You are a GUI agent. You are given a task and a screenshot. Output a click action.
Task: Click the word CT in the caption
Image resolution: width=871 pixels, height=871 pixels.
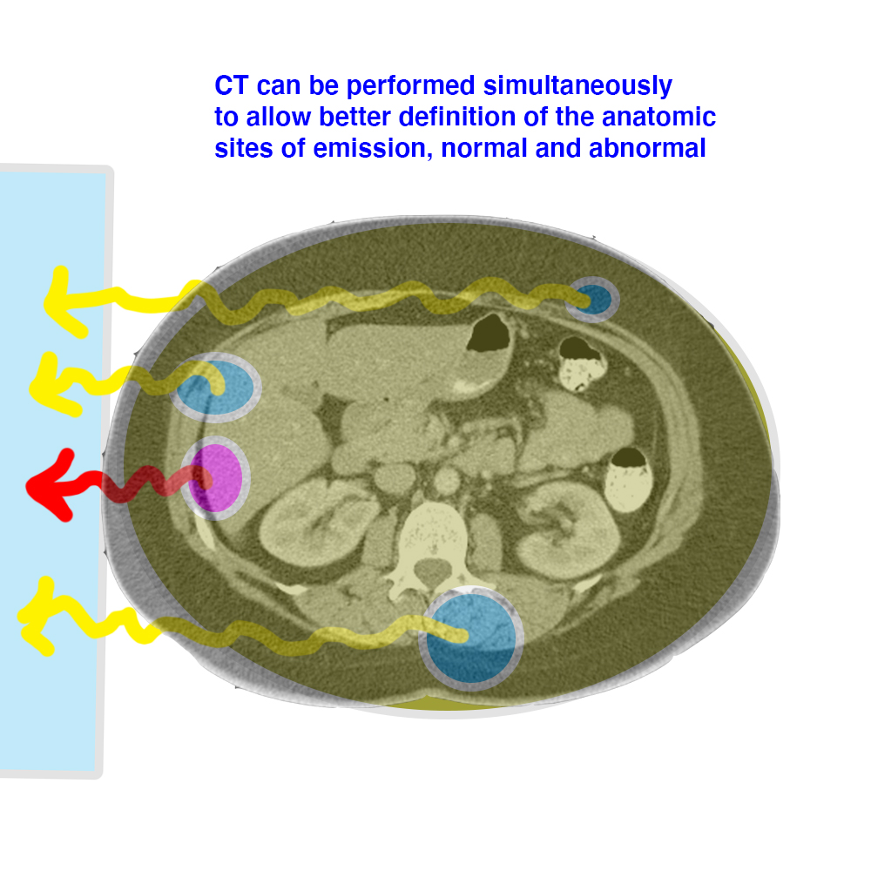pyautogui.click(x=231, y=85)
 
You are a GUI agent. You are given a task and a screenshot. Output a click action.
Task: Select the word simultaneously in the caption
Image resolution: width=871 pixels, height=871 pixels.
pyautogui.click(x=577, y=85)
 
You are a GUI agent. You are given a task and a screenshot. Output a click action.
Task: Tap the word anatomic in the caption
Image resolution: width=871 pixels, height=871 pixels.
pyautogui.click(x=658, y=117)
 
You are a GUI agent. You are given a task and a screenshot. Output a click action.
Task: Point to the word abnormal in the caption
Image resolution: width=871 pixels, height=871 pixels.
pyautogui.click(x=647, y=148)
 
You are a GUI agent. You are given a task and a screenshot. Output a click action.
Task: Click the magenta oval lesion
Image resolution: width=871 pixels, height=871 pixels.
pyautogui.click(x=215, y=477)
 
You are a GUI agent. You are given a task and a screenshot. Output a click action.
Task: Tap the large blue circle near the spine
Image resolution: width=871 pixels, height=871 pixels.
pyautogui.click(x=471, y=638)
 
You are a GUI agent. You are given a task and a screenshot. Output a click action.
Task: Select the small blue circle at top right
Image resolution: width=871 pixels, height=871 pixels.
pyautogui.click(x=592, y=300)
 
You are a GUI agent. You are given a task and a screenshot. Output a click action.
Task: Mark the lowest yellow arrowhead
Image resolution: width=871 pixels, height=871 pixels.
pyautogui.click(x=37, y=617)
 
